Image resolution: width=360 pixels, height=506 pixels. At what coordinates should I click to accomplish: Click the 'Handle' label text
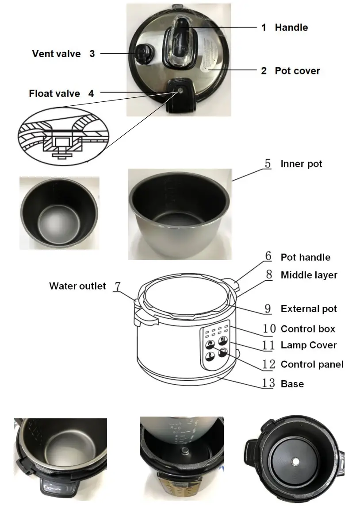click(x=291, y=27)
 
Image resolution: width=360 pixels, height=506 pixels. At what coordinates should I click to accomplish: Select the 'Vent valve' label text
click(x=56, y=54)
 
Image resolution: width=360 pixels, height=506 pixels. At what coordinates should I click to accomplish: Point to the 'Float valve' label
click(x=54, y=93)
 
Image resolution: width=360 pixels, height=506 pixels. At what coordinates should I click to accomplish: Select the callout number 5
click(x=268, y=163)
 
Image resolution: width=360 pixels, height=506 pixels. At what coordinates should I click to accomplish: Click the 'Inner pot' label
click(x=301, y=164)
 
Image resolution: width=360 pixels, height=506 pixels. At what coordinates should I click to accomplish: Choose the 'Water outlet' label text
click(x=77, y=286)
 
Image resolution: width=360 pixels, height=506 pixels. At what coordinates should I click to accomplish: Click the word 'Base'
click(x=292, y=383)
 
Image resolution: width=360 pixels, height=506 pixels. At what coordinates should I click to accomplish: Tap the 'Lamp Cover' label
click(x=309, y=345)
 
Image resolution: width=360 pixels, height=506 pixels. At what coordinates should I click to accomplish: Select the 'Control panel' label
click(x=312, y=364)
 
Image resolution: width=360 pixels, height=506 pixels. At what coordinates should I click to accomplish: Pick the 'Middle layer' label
click(x=309, y=275)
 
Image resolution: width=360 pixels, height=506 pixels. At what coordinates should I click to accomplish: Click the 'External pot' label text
click(x=309, y=309)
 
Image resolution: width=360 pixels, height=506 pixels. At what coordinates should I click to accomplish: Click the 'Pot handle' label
click(x=305, y=257)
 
